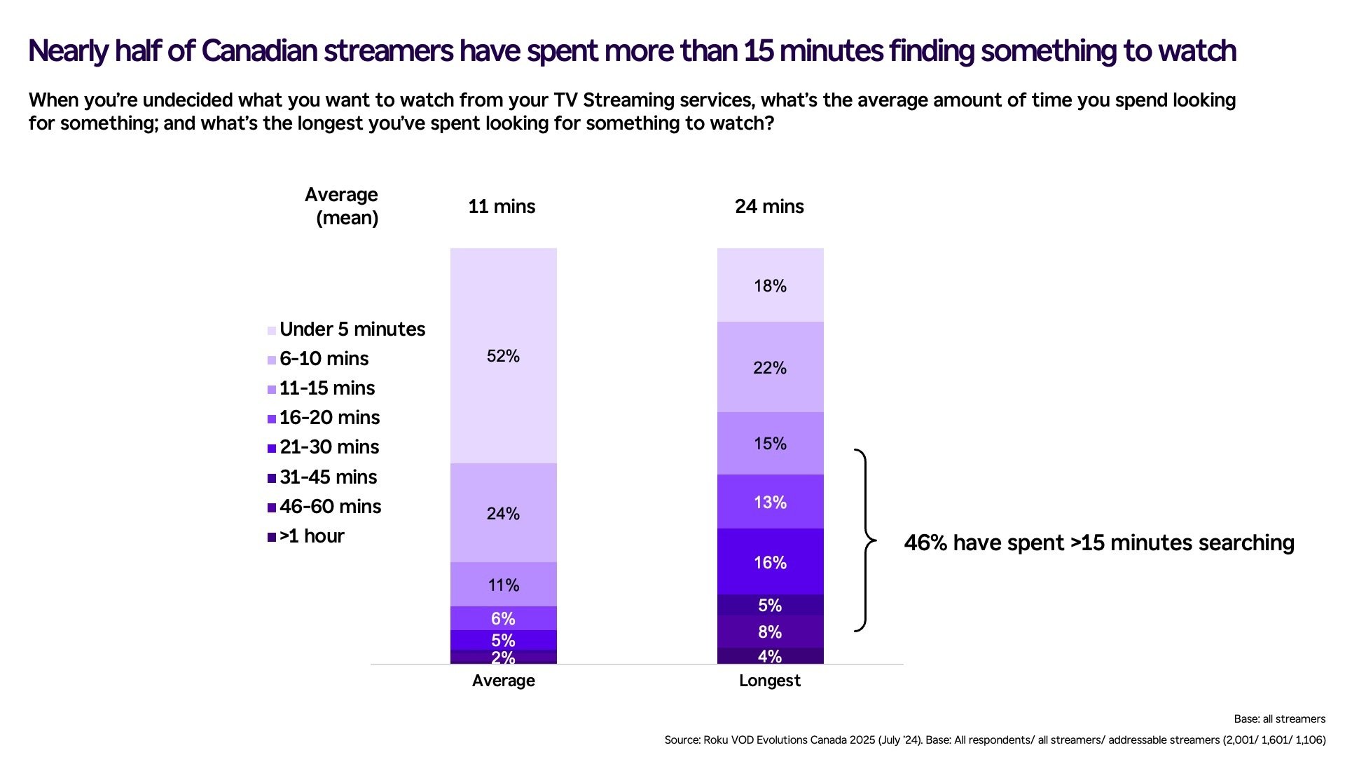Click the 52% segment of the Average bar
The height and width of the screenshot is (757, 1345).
click(x=503, y=356)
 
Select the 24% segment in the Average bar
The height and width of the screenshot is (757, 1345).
click(x=503, y=513)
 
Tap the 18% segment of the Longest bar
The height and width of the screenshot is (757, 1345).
click(x=770, y=285)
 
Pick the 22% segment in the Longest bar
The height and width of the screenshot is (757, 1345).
click(x=770, y=367)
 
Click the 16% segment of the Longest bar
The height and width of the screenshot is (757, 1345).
click(x=770, y=562)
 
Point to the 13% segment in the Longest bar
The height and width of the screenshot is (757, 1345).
click(x=770, y=502)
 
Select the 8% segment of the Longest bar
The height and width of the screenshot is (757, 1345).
click(x=770, y=632)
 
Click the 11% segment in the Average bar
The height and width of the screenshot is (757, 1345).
click(x=503, y=585)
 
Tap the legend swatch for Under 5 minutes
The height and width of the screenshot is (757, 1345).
click(x=272, y=331)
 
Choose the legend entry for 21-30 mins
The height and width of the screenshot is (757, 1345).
click(x=329, y=447)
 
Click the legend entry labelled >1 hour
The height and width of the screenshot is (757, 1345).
click(x=312, y=536)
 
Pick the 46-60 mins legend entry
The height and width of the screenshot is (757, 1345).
click(x=330, y=507)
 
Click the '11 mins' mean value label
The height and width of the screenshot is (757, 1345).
click(x=502, y=207)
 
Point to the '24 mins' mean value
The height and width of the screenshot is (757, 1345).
click(x=769, y=207)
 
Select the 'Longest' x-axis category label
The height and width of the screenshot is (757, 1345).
click(x=769, y=681)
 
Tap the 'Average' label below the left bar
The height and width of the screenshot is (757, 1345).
click(x=503, y=681)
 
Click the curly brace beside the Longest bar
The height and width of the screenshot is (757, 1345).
click(x=866, y=540)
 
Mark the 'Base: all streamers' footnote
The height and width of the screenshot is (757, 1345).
click(x=1279, y=719)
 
